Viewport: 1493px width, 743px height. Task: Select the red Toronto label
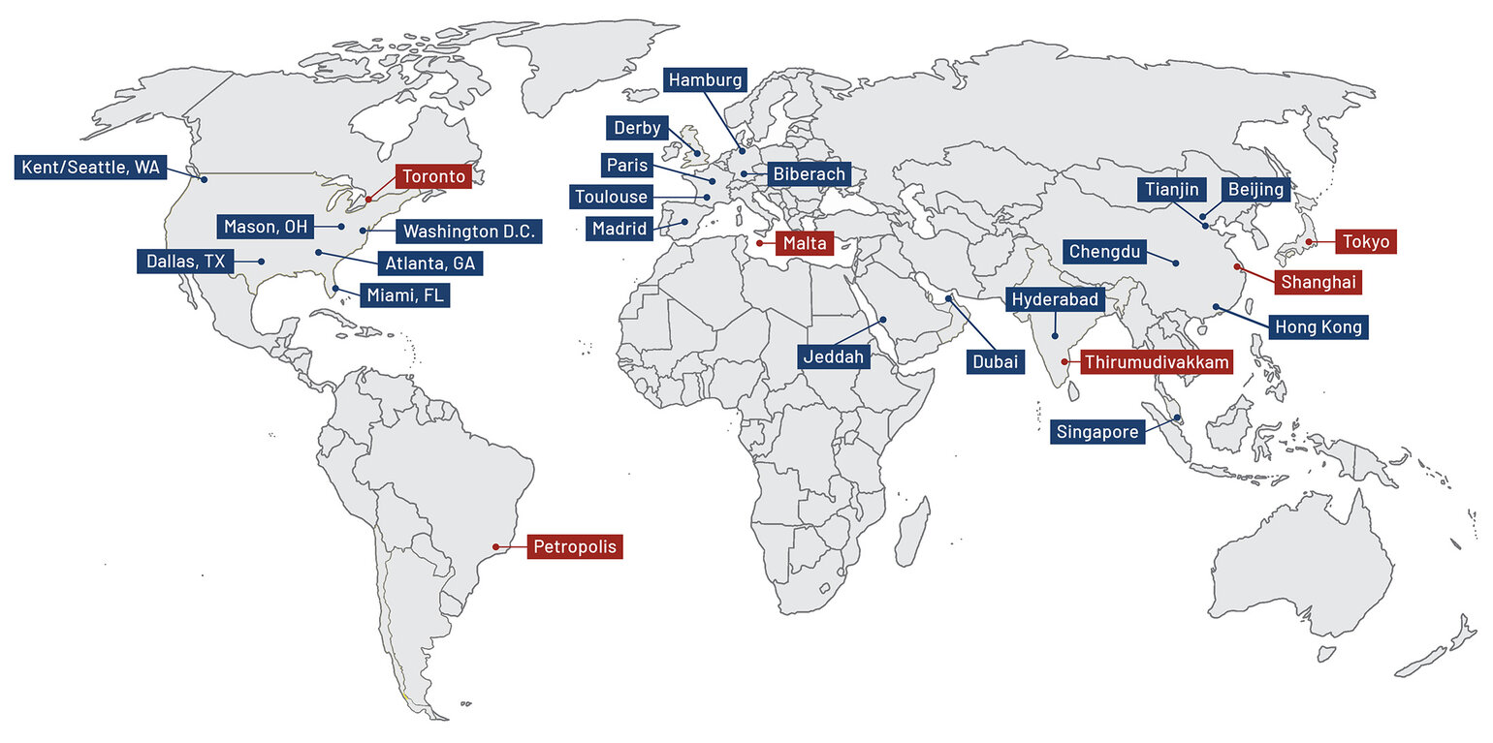tap(433, 177)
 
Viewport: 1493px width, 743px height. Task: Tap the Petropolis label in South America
tap(574, 547)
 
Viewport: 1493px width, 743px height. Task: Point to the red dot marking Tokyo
tap(1308, 241)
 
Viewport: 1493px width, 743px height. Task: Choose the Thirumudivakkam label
tap(1157, 362)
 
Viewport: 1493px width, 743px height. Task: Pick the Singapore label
tap(1097, 432)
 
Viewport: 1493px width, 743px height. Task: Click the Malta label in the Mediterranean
tap(803, 243)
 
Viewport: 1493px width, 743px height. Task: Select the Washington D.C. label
tap(468, 232)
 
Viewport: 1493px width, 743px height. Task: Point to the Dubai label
tap(994, 361)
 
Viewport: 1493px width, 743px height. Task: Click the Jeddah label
tap(833, 356)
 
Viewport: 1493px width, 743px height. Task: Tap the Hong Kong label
tap(1318, 327)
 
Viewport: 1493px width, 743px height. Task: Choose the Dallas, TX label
tap(185, 261)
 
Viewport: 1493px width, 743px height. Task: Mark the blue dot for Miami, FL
tap(335, 288)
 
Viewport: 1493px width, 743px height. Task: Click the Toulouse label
tap(611, 198)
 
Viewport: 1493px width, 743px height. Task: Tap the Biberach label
tap(809, 174)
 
